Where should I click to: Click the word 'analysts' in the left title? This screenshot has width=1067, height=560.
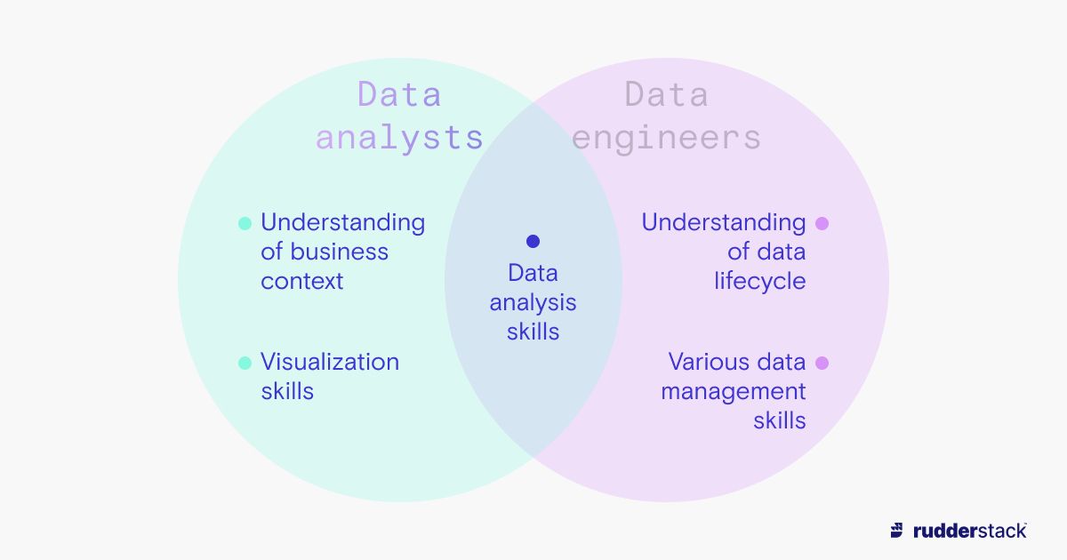(399, 138)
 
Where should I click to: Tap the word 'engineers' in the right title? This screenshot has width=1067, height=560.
(666, 138)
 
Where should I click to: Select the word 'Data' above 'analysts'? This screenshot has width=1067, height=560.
(399, 94)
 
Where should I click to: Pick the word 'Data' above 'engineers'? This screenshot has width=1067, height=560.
(666, 94)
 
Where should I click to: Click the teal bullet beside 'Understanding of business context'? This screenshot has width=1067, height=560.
(245, 223)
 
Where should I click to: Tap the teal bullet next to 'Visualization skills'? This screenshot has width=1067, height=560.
(245, 363)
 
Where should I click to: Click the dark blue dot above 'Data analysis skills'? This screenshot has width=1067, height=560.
(533, 241)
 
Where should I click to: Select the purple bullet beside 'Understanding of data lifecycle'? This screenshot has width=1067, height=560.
(822, 223)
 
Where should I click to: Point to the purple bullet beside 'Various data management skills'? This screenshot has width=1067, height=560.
(822, 363)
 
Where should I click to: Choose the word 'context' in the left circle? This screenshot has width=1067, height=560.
(301, 282)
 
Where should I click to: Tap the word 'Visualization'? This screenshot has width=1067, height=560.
(329, 362)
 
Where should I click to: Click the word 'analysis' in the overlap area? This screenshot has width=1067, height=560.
(533, 303)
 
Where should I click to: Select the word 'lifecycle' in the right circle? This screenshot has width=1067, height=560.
(759, 282)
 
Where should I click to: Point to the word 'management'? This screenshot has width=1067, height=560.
(733, 392)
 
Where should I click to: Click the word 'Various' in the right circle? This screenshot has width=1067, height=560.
(702, 362)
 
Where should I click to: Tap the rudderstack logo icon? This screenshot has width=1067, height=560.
(897, 531)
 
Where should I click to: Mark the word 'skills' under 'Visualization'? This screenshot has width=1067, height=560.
(286, 391)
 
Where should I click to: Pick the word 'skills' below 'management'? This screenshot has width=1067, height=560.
(779, 420)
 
